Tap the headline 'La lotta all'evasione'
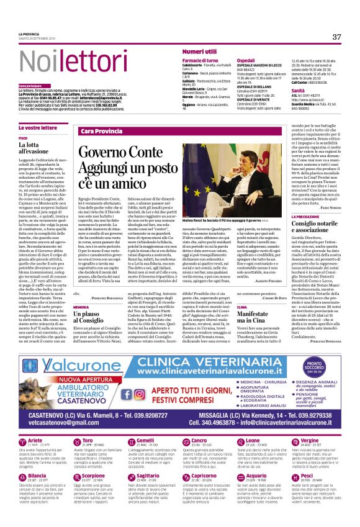(x=32, y=148)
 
